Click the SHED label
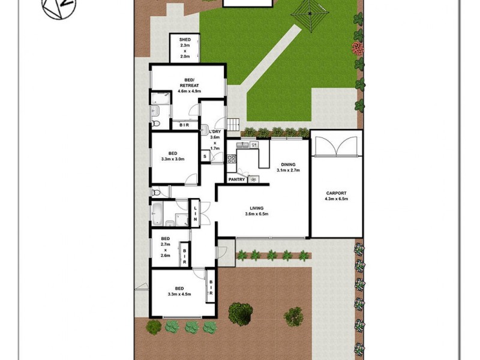pos(185,40)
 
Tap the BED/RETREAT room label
pos(188,83)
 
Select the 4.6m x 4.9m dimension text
pos(188,91)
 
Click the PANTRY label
pos(236,179)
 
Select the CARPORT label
pos(336,193)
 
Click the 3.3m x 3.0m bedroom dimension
pos(172,159)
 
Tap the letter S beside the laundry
pos(205,157)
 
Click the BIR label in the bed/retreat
pos(185,125)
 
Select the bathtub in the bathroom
pos(157,212)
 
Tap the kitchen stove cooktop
pos(231,159)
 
